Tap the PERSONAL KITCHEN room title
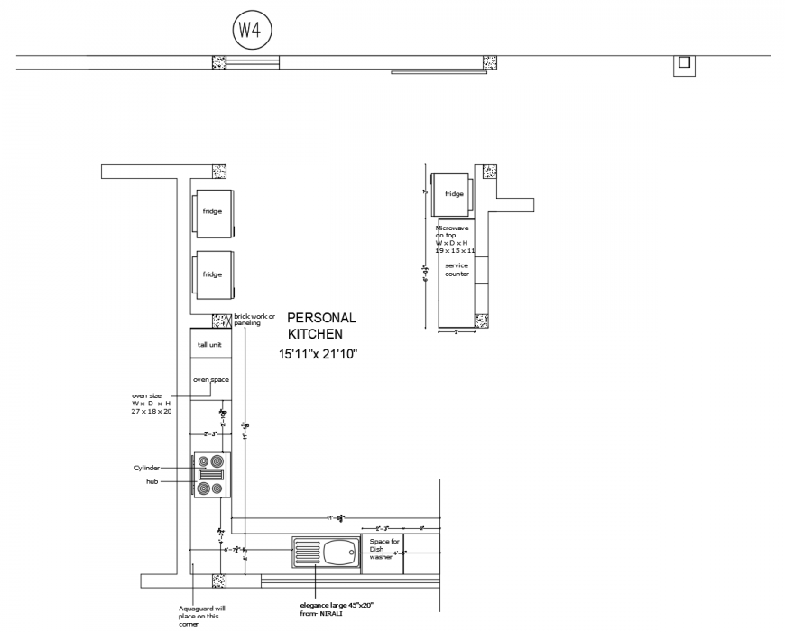[x=321, y=326]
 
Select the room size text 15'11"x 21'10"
[x=319, y=355]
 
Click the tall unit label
[x=209, y=345]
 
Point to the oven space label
[x=210, y=380]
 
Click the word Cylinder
[x=147, y=468]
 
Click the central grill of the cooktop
[x=210, y=475]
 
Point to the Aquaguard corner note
[x=197, y=615]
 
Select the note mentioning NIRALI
[x=337, y=609]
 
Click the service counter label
[x=457, y=270]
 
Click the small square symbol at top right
[x=684, y=62]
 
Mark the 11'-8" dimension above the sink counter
[x=336, y=518]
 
